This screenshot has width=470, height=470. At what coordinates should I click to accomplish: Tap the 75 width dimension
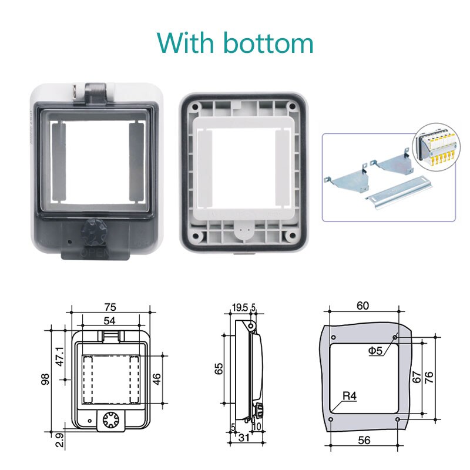click(110, 306)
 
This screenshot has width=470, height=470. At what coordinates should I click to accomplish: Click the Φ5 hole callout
click(376, 351)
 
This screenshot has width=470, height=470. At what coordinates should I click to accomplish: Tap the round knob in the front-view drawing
click(110, 419)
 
